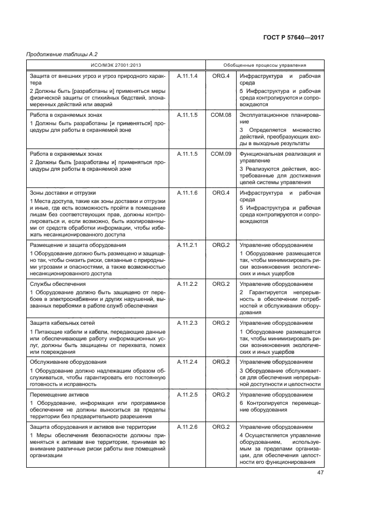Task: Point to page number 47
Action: click(x=321, y=473)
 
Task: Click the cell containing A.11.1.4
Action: click(x=187, y=76)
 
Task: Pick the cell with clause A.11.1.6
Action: click(x=187, y=192)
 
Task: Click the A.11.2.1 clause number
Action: click(x=187, y=245)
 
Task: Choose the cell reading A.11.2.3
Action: click(x=187, y=323)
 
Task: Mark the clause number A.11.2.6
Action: click(x=187, y=427)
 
